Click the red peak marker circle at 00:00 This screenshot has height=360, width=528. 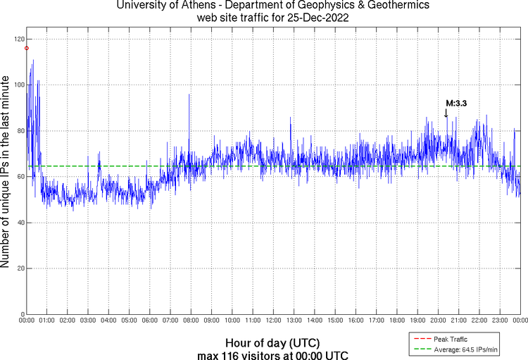(27, 48)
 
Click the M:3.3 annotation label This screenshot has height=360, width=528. (457, 104)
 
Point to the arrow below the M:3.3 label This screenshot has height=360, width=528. (446, 113)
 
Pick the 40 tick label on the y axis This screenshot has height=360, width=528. (20, 223)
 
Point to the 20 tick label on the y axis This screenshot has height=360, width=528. (20, 268)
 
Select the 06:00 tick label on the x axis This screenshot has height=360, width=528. (150, 321)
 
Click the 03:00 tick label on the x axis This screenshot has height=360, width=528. (88, 321)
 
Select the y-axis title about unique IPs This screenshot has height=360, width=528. (6, 174)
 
